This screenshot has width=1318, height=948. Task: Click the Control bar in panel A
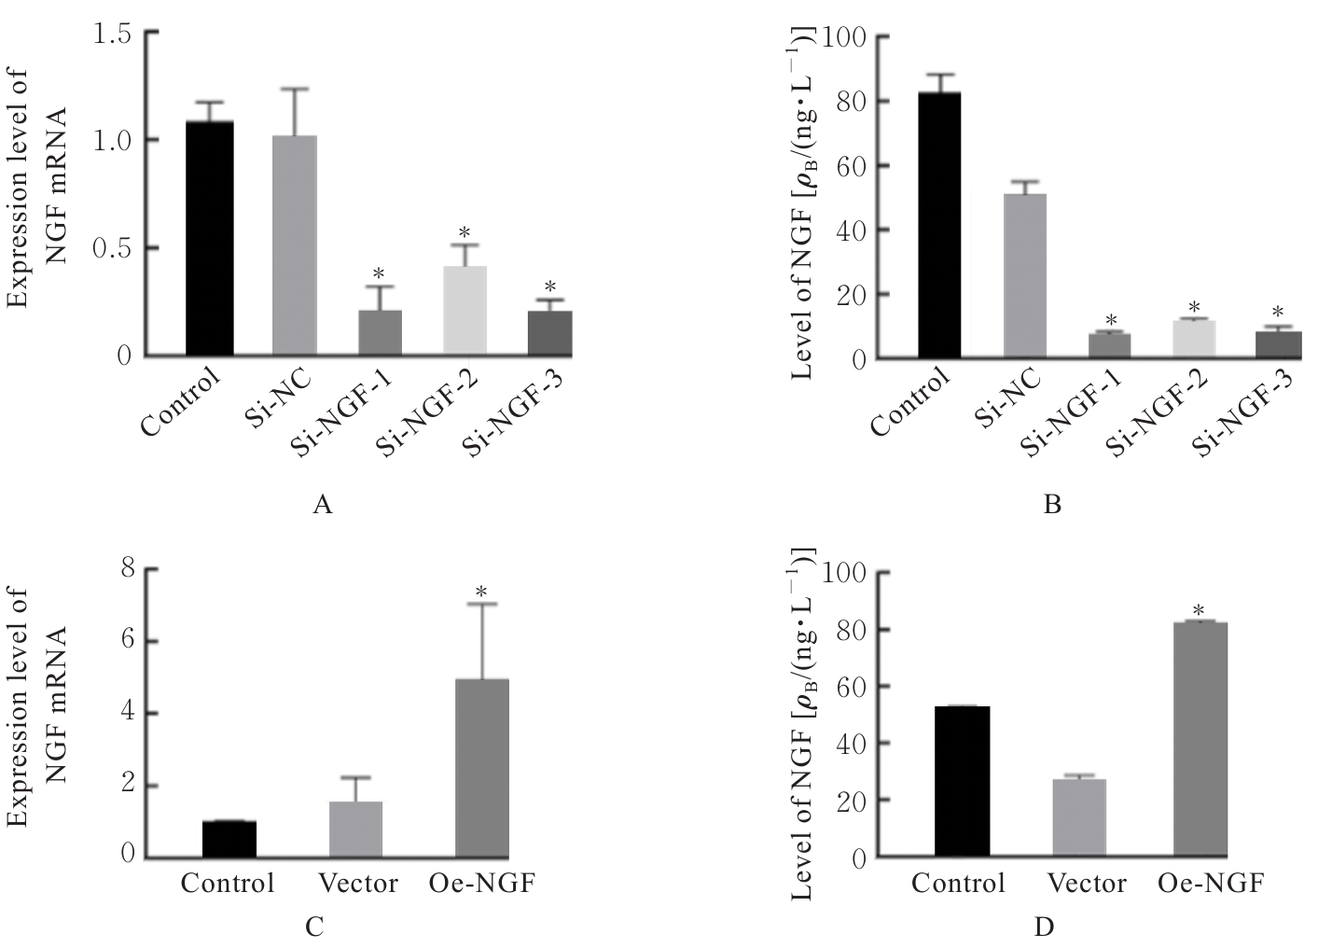click(209, 238)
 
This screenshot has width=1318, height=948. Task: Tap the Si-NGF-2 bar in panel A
click(465, 311)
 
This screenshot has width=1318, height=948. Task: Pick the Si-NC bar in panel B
click(1025, 276)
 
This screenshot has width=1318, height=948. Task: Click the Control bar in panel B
click(939, 225)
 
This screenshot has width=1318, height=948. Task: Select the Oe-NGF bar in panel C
click(482, 768)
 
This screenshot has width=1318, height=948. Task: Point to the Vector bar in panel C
click(356, 829)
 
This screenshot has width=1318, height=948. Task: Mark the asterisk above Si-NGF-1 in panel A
click(379, 274)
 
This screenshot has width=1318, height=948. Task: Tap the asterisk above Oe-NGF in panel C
click(482, 592)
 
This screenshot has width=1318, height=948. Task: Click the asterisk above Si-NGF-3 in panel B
click(1278, 313)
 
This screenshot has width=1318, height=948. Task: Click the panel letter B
click(1052, 506)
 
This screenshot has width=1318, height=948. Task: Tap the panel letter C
click(315, 927)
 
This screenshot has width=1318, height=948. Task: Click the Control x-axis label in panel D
click(959, 884)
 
